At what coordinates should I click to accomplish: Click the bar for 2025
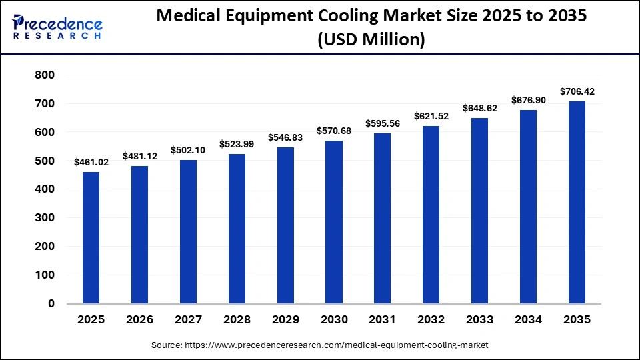91,238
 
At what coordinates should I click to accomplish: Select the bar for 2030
334,222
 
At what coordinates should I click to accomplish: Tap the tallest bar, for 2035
577,203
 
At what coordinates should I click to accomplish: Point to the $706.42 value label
577,91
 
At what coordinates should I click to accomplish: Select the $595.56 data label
383,123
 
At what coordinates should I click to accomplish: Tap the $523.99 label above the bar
237,144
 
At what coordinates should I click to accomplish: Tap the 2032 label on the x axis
431,320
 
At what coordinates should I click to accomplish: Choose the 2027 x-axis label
188,320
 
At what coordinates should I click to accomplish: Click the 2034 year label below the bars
529,320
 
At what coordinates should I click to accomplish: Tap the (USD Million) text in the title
371,40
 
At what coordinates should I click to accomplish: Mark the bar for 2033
480,211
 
